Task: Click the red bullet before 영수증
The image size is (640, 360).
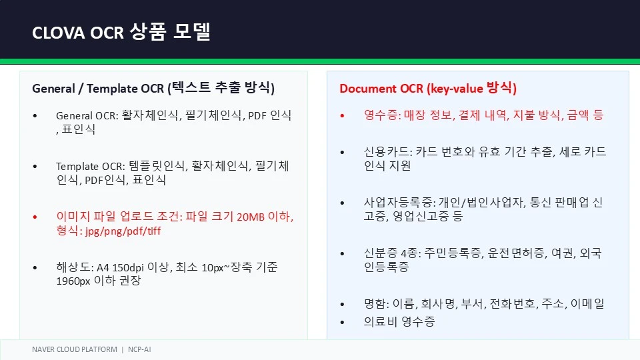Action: [x=342, y=116]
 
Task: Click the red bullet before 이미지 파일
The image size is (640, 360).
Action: [x=35, y=217]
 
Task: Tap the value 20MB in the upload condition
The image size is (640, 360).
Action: [x=250, y=217]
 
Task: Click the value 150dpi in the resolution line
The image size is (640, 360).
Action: [x=128, y=268]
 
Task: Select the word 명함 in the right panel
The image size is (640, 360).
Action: [x=374, y=304]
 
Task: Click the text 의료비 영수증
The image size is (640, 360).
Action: [x=399, y=321]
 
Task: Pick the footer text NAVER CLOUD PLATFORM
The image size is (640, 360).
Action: [x=74, y=349]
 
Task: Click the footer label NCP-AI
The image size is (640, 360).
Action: [x=139, y=349]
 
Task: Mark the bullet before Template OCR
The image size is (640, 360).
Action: [x=35, y=167]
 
